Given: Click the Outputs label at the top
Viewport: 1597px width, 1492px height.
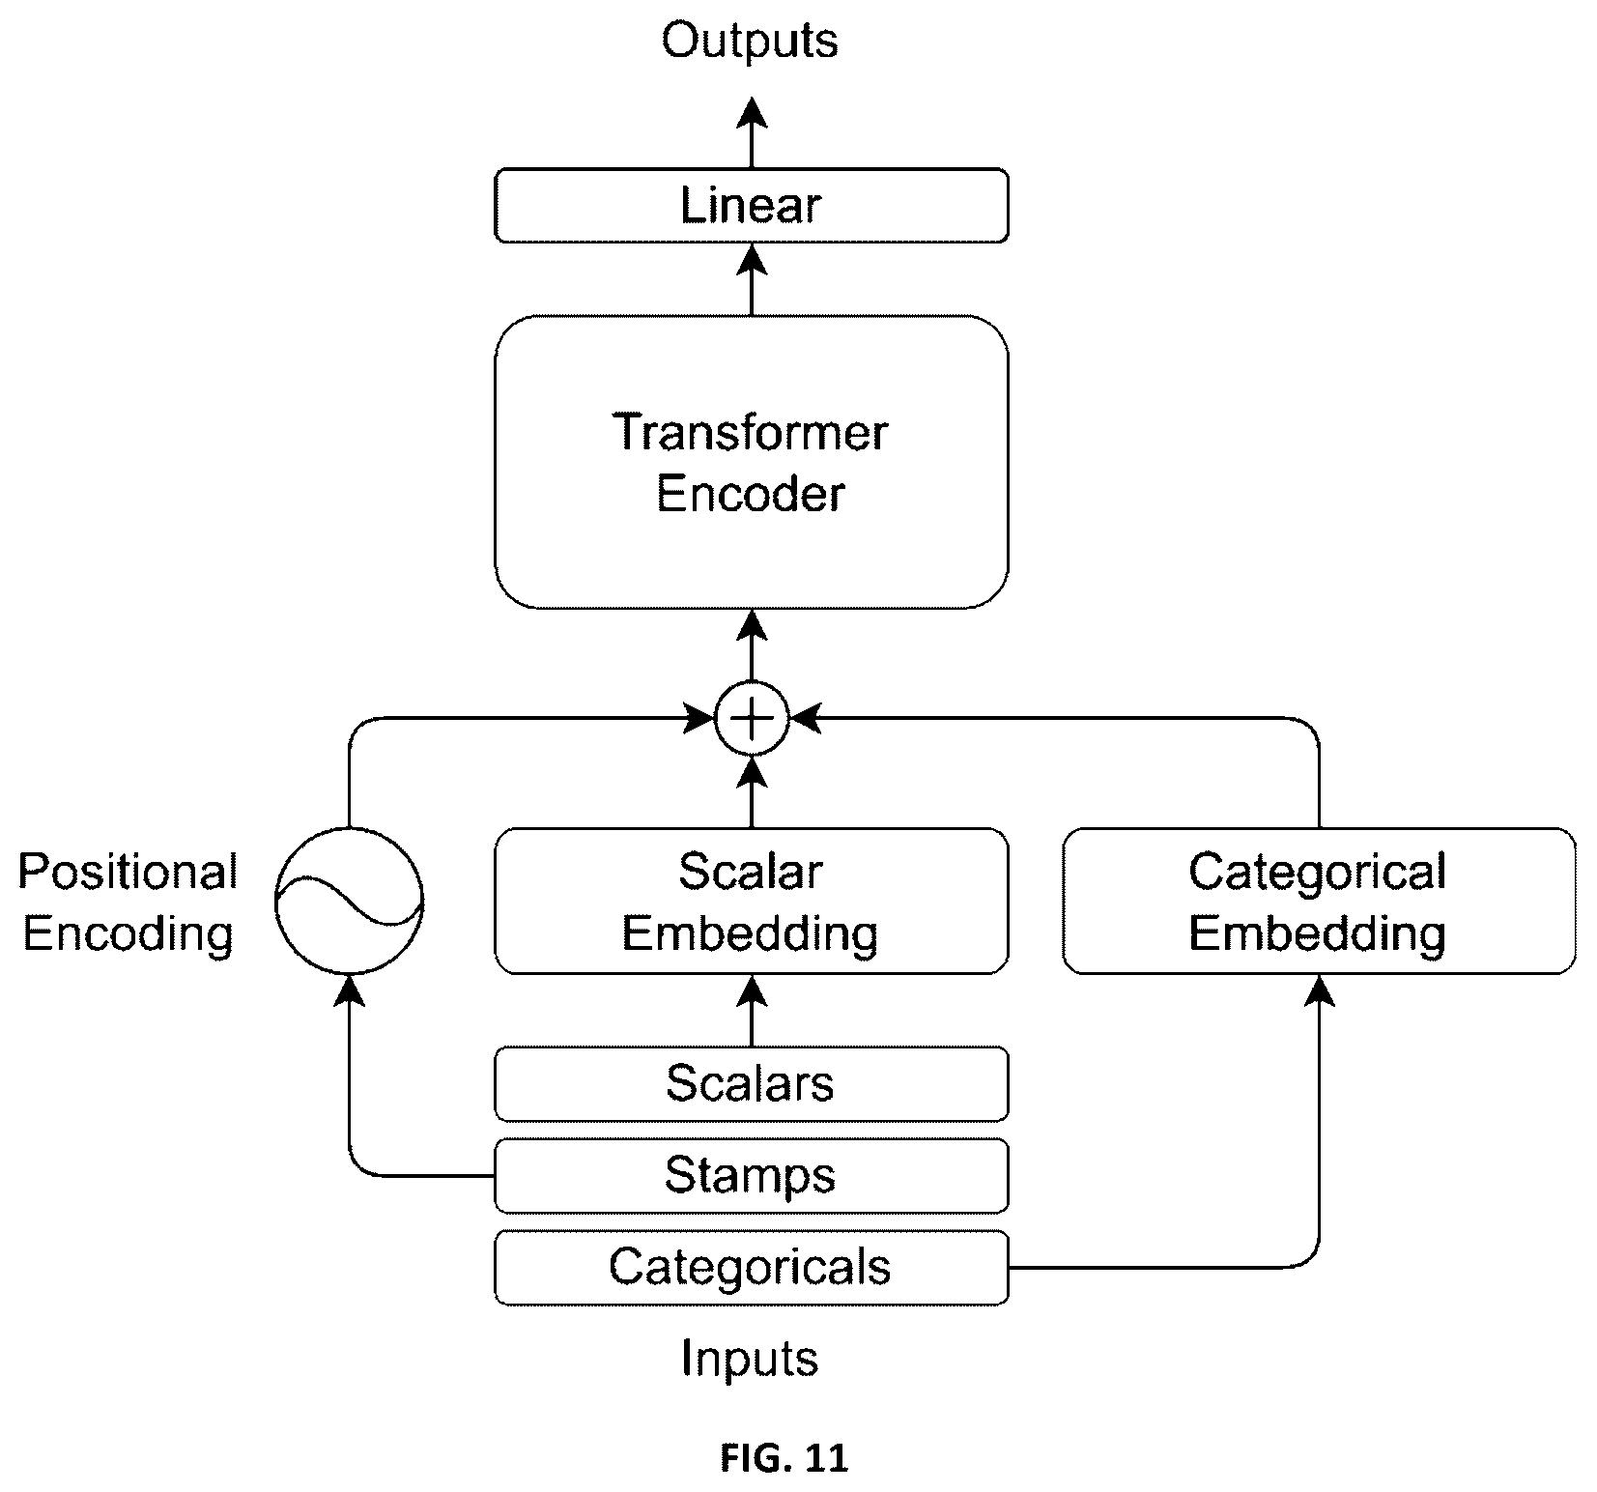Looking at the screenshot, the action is coord(750,42).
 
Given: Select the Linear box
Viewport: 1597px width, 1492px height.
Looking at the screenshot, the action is coord(751,205).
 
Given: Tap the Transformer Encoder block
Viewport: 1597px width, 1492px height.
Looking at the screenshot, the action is coord(751,462).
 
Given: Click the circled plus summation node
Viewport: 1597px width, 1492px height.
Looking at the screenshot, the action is coord(752,718).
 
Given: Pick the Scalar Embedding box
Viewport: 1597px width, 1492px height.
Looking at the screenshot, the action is coord(751,901).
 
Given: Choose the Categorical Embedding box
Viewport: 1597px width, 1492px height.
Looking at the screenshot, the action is coord(1319,901).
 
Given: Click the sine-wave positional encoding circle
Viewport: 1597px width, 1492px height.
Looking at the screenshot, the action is coord(349,901).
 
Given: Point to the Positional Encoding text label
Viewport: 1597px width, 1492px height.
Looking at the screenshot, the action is coord(128,903).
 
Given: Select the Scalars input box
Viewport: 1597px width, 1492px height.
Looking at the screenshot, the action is coord(751,1083).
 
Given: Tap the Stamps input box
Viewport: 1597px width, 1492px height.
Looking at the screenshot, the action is coord(751,1175).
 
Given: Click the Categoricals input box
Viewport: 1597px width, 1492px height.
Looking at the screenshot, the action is coord(751,1267).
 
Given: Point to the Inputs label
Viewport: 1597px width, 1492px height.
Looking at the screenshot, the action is coord(750,1359).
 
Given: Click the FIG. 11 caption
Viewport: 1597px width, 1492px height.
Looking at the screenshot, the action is coord(784,1458).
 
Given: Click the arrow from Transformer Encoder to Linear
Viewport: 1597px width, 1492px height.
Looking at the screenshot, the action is coord(752,279).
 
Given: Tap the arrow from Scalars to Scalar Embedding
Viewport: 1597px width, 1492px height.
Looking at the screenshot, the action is coord(752,1011).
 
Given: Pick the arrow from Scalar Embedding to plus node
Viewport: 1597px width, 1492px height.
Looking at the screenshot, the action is coord(752,791).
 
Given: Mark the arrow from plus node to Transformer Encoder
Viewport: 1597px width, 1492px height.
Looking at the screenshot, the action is coord(752,646).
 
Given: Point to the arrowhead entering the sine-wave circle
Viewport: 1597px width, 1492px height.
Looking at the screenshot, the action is coord(349,991).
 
